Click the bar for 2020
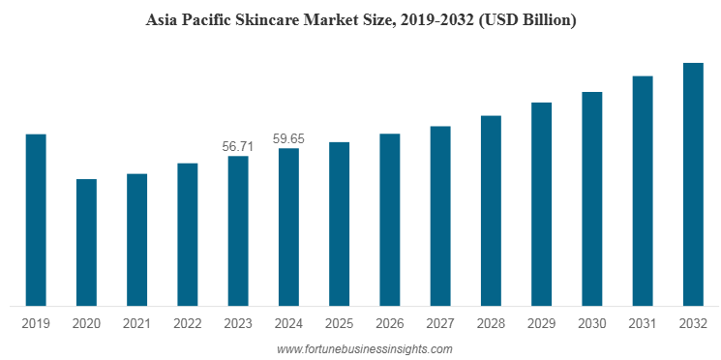pyautogui.click(x=86, y=242)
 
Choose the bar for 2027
pyautogui.click(x=440, y=215)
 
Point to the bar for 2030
pyautogui.click(x=591, y=197)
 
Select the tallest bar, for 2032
pyautogui.click(x=693, y=184)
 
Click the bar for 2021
pyautogui.click(x=137, y=239)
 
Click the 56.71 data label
pyautogui.click(x=237, y=146)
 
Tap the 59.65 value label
pyautogui.click(x=288, y=138)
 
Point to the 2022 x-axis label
pyautogui.click(x=187, y=323)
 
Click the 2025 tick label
pyautogui.click(x=339, y=323)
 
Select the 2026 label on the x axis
pyautogui.click(x=389, y=323)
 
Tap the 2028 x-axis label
pyautogui.click(x=491, y=323)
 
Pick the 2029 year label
pyautogui.click(x=541, y=323)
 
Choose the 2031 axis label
pyautogui.click(x=643, y=323)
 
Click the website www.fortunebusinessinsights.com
pyautogui.click(x=364, y=348)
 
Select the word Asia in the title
pyautogui.click(x=161, y=20)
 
